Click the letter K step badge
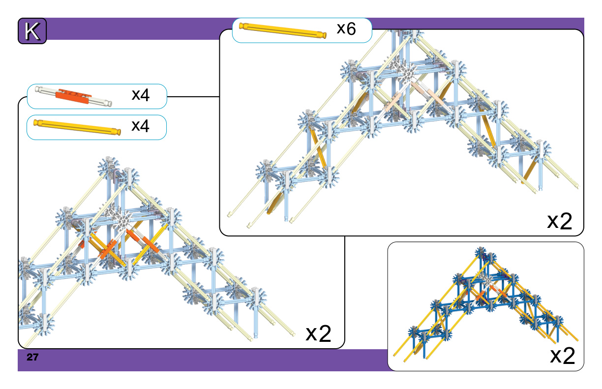click(x=32, y=31)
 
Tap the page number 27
click(x=32, y=357)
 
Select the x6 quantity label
click(x=346, y=28)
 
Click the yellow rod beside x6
click(x=283, y=30)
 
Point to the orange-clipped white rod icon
click(x=73, y=96)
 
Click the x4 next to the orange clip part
click(x=141, y=95)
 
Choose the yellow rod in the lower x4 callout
click(x=77, y=127)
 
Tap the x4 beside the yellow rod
click(x=140, y=126)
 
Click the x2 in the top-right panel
click(x=560, y=221)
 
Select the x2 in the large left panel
click(x=319, y=333)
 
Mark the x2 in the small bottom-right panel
click(x=563, y=356)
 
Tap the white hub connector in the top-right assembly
click(x=407, y=72)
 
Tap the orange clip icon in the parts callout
click(x=73, y=96)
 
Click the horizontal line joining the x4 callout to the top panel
click(x=193, y=97)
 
